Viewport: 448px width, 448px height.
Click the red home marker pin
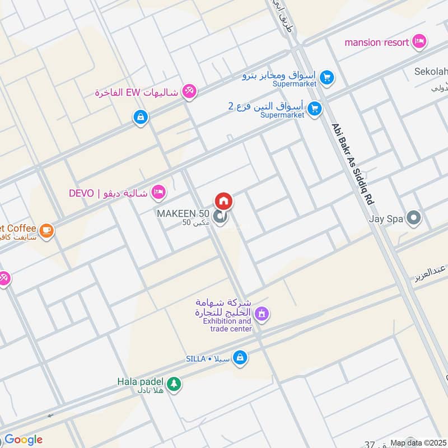pos(223,201)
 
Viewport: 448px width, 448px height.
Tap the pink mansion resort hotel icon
pos(418,41)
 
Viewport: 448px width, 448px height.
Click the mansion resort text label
pos(376,42)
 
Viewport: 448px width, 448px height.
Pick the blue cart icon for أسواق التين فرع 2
pos(315,109)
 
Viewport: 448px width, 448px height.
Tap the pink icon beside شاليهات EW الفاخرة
pos(190,91)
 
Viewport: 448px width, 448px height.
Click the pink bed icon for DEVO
pos(160,193)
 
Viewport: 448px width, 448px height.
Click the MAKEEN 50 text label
pos(183,214)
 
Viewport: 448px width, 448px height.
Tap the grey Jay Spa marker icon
pos(414,218)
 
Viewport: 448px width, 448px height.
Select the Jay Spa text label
pos(386,219)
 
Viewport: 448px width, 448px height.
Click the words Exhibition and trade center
pos(227,325)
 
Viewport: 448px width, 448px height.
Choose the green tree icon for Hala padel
pos(174,384)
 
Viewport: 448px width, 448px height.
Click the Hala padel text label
pos(141,382)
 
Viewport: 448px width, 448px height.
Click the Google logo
pos(24,439)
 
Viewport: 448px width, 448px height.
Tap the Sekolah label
pos(431,72)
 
